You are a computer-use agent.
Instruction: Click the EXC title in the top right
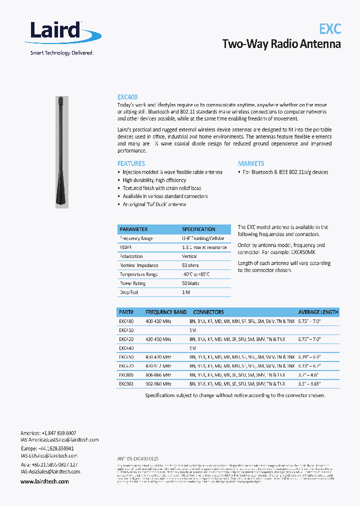coord(330,28)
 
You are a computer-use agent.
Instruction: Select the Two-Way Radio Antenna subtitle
coord(281,44)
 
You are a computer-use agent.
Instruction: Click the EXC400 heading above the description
coord(127,97)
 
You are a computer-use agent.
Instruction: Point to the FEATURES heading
coord(131,163)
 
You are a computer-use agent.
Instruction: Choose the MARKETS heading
coord(251,163)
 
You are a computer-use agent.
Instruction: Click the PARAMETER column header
coord(133,229)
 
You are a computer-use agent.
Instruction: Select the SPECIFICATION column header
coord(198,229)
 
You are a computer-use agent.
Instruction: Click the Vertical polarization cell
coord(189,256)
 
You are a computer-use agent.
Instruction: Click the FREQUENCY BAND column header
coord(166,312)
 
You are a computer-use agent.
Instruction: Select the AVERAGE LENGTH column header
coord(318,312)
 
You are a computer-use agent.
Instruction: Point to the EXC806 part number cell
coord(126,374)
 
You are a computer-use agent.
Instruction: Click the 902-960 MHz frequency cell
coord(158,383)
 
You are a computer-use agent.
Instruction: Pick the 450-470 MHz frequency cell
coord(158,357)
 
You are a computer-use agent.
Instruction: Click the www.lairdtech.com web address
coord(44,481)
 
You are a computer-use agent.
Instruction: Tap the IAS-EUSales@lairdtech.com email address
coord(49,456)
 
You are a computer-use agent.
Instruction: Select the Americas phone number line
coord(48,433)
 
